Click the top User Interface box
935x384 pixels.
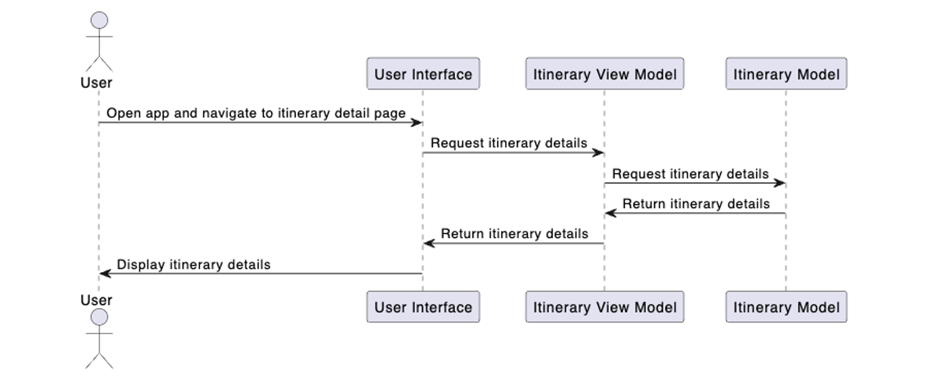pyautogui.click(x=423, y=74)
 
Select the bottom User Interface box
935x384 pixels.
pyautogui.click(x=423, y=307)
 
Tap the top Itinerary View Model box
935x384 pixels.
pyautogui.click(x=605, y=74)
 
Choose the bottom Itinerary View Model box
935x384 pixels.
pyautogui.click(x=605, y=307)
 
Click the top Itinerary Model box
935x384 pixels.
pyautogui.click(x=786, y=74)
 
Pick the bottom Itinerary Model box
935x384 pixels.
pyautogui.click(x=786, y=307)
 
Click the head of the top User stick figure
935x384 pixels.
pyautogui.click(x=99, y=21)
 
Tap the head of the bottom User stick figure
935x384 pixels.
pyautogui.click(x=99, y=317)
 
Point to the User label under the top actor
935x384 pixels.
pyautogui.click(x=96, y=83)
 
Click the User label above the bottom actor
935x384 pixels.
pyautogui.click(x=96, y=300)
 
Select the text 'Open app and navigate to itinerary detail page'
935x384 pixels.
pyautogui.click(x=256, y=113)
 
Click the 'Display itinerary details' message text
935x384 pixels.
pyautogui.click(x=194, y=265)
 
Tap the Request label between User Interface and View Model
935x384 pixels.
pyautogui.click(x=509, y=143)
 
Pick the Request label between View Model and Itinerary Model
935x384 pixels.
pyautogui.click(x=690, y=174)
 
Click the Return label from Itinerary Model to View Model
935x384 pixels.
pyautogui.click(x=696, y=204)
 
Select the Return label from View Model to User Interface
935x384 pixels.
pyautogui.click(x=514, y=234)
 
